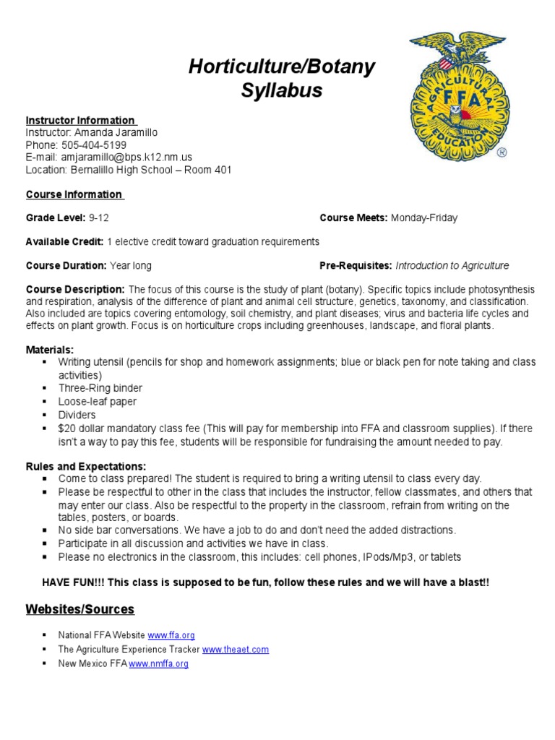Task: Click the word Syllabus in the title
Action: [281, 91]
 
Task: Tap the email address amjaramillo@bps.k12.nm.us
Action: [131, 157]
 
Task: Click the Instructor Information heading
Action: [80, 120]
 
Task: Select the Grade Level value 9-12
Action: [99, 218]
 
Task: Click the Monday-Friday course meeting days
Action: [423, 218]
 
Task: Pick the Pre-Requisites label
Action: [356, 265]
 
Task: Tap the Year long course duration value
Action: [131, 265]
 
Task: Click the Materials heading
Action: [50, 349]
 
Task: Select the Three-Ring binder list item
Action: [100, 388]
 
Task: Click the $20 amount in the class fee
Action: [66, 428]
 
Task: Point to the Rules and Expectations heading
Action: [86, 465]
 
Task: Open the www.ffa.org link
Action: [171, 635]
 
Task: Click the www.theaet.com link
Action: [235, 649]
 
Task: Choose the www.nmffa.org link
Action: [158, 663]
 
